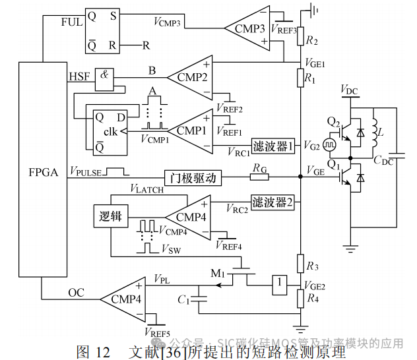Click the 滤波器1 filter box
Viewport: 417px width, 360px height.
point(273,145)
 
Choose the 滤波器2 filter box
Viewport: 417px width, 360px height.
point(273,201)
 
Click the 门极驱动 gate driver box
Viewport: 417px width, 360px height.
point(194,177)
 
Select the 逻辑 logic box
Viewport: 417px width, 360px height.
point(111,216)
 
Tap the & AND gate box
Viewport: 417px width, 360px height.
point(104,75)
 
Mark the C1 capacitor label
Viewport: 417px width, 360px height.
point(183,299)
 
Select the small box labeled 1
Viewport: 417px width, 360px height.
point(280,283)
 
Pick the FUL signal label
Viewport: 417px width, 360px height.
point(71,21)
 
